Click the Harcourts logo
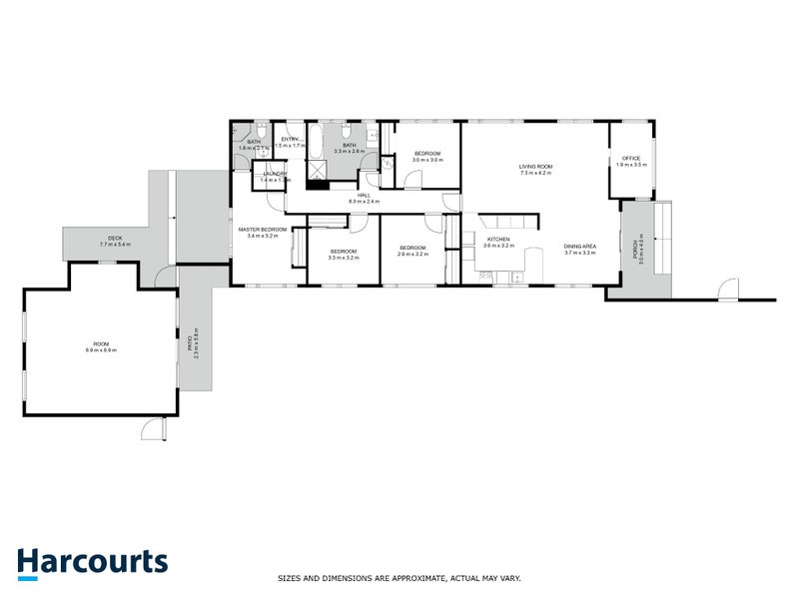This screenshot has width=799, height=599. click(x=92, y=562)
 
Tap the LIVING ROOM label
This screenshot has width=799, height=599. click(x=535, y=167)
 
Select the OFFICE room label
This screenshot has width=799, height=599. click(x=630, y=158)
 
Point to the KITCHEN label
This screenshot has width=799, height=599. click(x=498, y=240)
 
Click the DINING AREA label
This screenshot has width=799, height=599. click(x=579, y=247)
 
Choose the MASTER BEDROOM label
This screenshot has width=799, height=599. click(x=263, y=230)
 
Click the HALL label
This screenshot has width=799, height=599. click(x=365, y=195)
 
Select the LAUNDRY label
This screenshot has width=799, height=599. click(x=276, y=174)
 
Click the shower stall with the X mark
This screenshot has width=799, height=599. click(x=317, y=172)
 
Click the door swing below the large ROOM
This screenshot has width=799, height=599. click(x=150, y=427)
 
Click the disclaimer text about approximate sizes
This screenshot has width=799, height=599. click(x=399, y=577)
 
